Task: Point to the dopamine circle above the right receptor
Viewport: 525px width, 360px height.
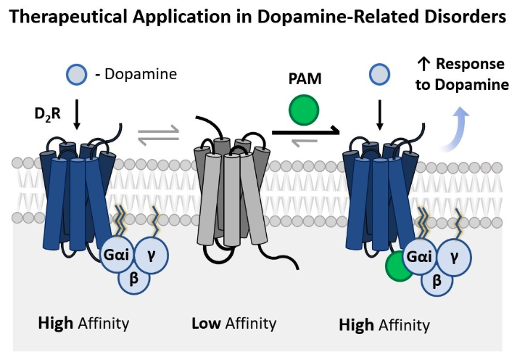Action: [378, 73]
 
